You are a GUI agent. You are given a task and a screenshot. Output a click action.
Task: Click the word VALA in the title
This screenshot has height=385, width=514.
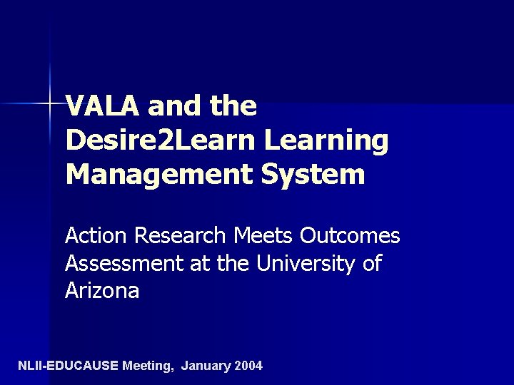click(104, 107)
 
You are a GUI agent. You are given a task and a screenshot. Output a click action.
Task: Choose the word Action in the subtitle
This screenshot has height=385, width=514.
click(96, 235)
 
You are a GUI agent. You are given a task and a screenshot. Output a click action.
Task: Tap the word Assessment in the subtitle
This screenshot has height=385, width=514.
click(124, 264)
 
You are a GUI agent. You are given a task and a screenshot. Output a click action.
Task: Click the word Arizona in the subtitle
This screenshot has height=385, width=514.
click(102, 291)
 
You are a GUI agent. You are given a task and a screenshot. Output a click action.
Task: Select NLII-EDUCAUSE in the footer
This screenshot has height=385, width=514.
click(68, 366)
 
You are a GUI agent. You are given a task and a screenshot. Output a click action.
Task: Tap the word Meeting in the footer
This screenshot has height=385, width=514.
click(148, 366)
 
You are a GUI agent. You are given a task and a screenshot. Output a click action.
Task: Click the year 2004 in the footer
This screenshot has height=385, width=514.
click(248, 366)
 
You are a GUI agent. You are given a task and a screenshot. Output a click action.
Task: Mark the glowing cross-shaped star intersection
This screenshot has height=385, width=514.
click(51, 104)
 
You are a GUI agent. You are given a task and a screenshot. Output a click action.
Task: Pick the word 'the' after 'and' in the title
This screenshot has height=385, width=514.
click(233, 107)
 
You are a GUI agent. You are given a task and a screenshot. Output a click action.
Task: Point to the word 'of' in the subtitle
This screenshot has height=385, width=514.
click(372, 264)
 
